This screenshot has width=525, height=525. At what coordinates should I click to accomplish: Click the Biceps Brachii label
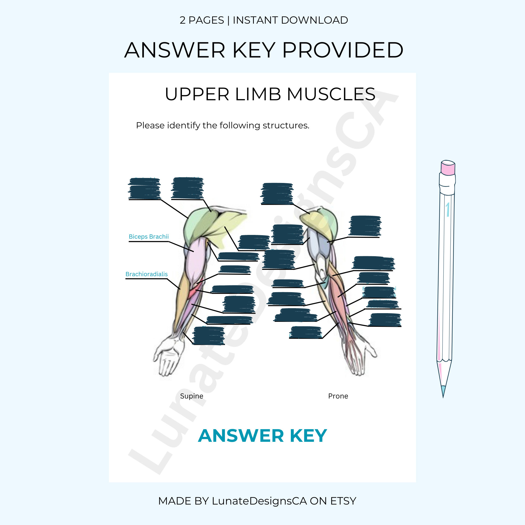click(x=149, y=237)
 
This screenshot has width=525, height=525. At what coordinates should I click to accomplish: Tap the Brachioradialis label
click(x=146, y=274)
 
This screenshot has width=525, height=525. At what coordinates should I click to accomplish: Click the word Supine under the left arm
click(x=192, y=396)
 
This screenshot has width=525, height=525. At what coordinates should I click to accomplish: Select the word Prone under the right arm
click(x=338, y=396)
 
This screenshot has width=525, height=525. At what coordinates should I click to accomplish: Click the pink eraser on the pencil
click(x=448, y=167)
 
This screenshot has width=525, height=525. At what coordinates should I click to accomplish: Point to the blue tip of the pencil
click(x=443, y=392)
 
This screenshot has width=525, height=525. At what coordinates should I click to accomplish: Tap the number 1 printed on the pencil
click(x=448, y=209)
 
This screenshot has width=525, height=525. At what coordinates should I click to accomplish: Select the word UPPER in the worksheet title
click(x=197, y=94)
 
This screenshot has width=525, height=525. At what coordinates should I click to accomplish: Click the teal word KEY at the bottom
click(x=308, y=436)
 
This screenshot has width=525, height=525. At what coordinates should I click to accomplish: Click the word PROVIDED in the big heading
click(x=343, y=50)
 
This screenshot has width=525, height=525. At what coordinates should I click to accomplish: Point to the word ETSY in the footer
click(x=343, y=501)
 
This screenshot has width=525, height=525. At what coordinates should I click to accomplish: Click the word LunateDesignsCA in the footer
click(x=259, y=501)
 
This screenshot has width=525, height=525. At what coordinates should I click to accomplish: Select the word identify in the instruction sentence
click(x=183, y=125)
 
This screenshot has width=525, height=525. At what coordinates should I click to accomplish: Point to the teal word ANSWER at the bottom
click(x=241, y=436)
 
